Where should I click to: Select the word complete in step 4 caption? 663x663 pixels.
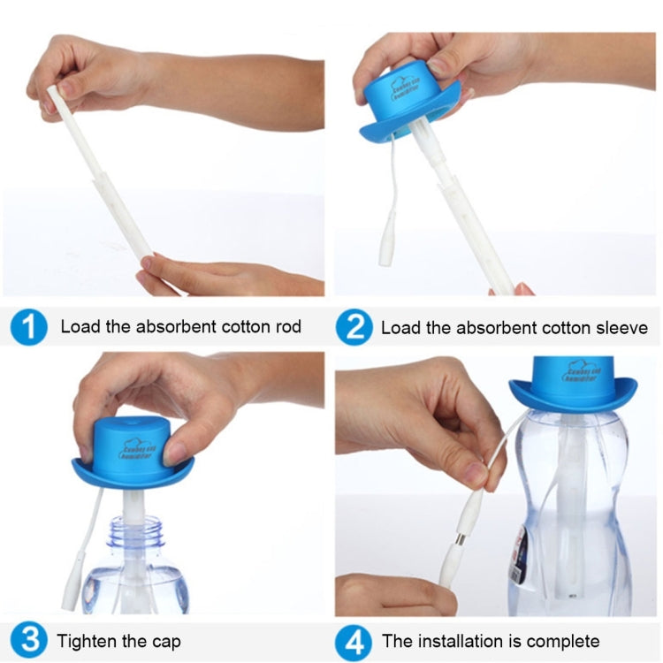click(567, 641)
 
